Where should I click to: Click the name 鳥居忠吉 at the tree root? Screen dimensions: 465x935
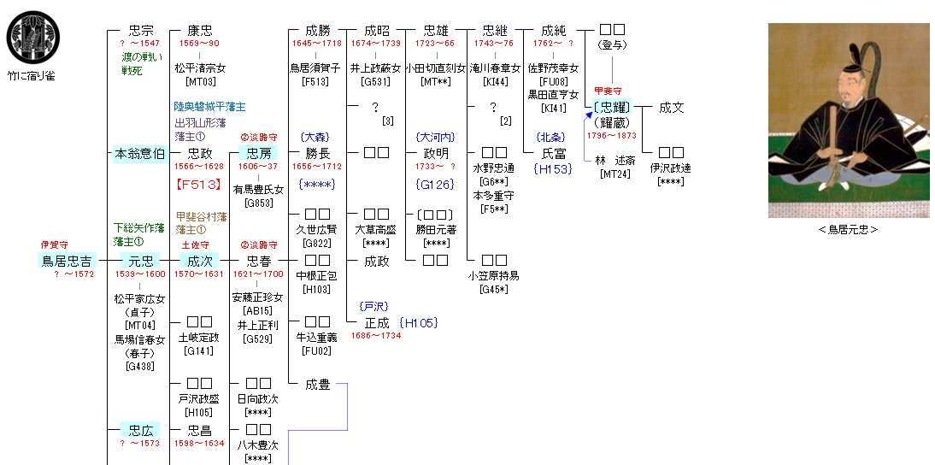(68, 261)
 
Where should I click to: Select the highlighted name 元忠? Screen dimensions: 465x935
(138, 261)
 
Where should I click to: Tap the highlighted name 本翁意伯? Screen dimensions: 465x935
(139, 154)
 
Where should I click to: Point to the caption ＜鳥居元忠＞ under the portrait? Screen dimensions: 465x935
(848, 229)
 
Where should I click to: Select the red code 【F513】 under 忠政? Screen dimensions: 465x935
(199, 184)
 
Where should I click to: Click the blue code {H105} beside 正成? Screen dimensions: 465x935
(418, 323)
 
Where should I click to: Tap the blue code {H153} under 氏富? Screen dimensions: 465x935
(552, 169)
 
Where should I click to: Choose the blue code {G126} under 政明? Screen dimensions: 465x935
(436, 184)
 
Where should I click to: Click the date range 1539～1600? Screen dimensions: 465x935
(140, 274)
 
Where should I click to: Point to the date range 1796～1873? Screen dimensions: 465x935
(612, 134)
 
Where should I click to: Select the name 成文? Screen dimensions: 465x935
(671, 108)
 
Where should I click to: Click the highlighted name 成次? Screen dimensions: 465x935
(199, 261)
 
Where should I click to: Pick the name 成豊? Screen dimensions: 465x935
(317, 385)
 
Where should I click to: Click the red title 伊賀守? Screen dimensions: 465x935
(54, 245)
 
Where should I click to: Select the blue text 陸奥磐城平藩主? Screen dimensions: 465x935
(209, 107)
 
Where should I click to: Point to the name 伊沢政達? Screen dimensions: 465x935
(671, 168)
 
